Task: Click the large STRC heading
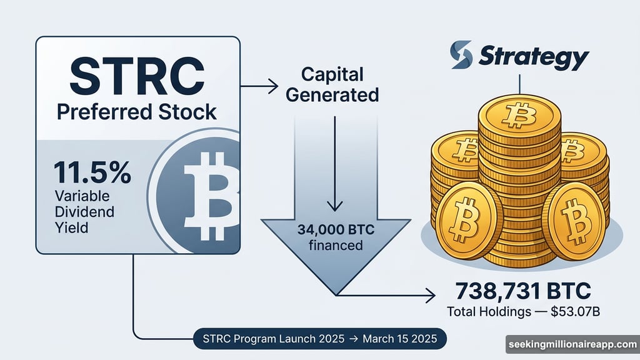(x=137, y=76)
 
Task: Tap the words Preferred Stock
(x=137, y=112)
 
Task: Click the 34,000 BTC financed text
(x=336, y=237)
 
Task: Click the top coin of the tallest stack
(x=516, y=113)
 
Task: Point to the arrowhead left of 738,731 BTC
(x=431, y=293)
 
